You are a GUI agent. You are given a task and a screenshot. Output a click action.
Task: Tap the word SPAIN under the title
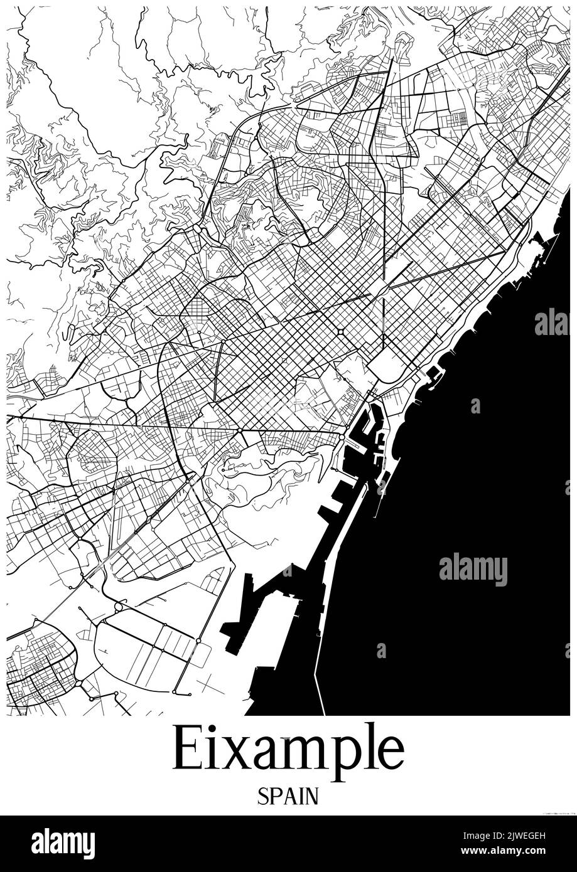[x=288, y=796]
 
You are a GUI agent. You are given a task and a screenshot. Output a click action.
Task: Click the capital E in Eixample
[x=186, y=748]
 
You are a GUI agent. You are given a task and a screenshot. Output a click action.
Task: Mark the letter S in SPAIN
[x=262, y=797]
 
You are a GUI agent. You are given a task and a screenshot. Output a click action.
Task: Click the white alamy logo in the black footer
[x=63, y=843]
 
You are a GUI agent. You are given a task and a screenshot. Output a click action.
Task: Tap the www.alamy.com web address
[x=515, y=852]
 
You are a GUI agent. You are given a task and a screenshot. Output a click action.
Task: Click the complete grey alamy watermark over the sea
[x=473, y=569]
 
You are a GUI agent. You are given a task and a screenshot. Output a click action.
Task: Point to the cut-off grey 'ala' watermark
[x=551, y=323]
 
